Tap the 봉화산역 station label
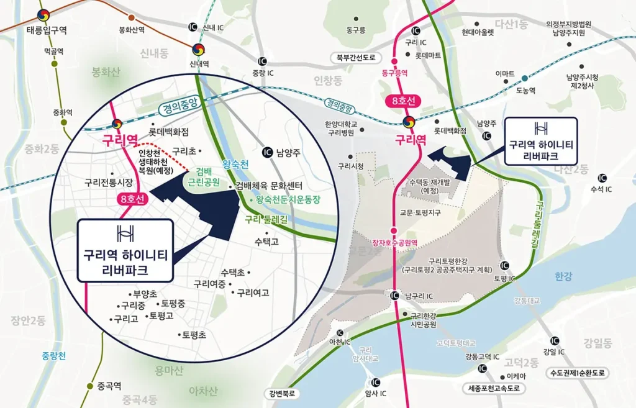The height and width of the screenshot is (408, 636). (x=131, y=29)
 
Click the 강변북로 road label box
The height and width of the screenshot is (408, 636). (x=282, y=393)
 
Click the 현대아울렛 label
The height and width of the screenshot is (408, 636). (x=478, y=32)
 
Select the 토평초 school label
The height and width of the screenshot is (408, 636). (x=194, y=334)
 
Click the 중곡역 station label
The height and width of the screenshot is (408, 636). (x=109, y=386)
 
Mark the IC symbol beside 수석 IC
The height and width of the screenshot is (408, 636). (x=599, y=176)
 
